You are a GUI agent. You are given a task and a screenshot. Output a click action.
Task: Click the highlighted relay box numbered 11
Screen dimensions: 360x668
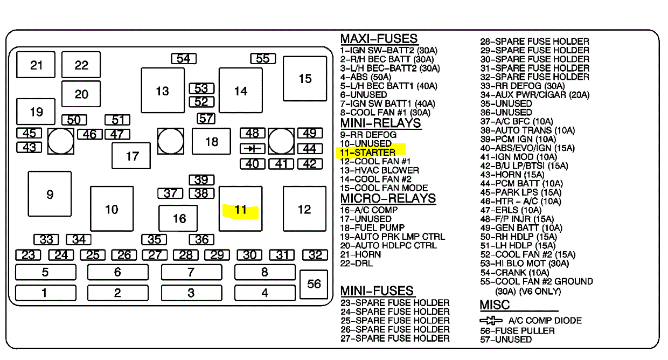click(x=240, y=209)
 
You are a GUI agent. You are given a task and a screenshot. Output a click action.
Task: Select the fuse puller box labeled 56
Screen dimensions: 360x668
click(x=314, y=283)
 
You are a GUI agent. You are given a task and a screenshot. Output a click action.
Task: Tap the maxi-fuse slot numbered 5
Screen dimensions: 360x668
click(x=45, y=272)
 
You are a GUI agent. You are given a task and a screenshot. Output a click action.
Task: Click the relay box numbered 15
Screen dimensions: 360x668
click(x=305, y=79)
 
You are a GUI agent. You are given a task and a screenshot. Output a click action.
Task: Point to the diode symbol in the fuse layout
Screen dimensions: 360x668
click(x=252, y=148)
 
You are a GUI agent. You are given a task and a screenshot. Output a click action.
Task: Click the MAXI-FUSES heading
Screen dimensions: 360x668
click(x=379, y=39)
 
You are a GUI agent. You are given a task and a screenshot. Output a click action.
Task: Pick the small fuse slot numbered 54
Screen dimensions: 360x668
click(x=183, y=58)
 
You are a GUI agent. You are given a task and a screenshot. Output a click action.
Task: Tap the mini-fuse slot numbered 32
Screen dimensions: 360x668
click(x=315, y=255)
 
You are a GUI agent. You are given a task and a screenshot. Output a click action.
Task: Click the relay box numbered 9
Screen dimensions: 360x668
click(x=50, y=194)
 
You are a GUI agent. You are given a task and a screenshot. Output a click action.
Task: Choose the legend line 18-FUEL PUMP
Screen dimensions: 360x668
click(x=372, y=228)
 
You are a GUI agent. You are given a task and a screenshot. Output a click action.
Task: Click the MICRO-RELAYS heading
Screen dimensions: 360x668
click(x=388, y=198)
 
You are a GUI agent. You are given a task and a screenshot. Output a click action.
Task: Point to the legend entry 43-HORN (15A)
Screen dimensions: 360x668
click(x=512, y=175)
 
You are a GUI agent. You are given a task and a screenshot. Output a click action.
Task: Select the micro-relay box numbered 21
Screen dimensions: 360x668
click(x=36, y=65)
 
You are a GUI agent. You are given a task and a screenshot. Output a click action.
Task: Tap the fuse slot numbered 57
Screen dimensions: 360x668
click(x=206, y=118)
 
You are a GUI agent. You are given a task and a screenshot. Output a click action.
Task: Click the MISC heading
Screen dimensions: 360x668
click(x=495, y=305)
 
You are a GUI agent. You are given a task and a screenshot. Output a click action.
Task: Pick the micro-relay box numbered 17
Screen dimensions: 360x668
click(x=132, y=156)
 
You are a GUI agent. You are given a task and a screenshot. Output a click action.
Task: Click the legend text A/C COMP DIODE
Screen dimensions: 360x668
click(x=545, y=321)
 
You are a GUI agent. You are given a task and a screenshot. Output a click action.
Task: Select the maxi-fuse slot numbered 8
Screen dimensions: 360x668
click(x=265, y=272)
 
